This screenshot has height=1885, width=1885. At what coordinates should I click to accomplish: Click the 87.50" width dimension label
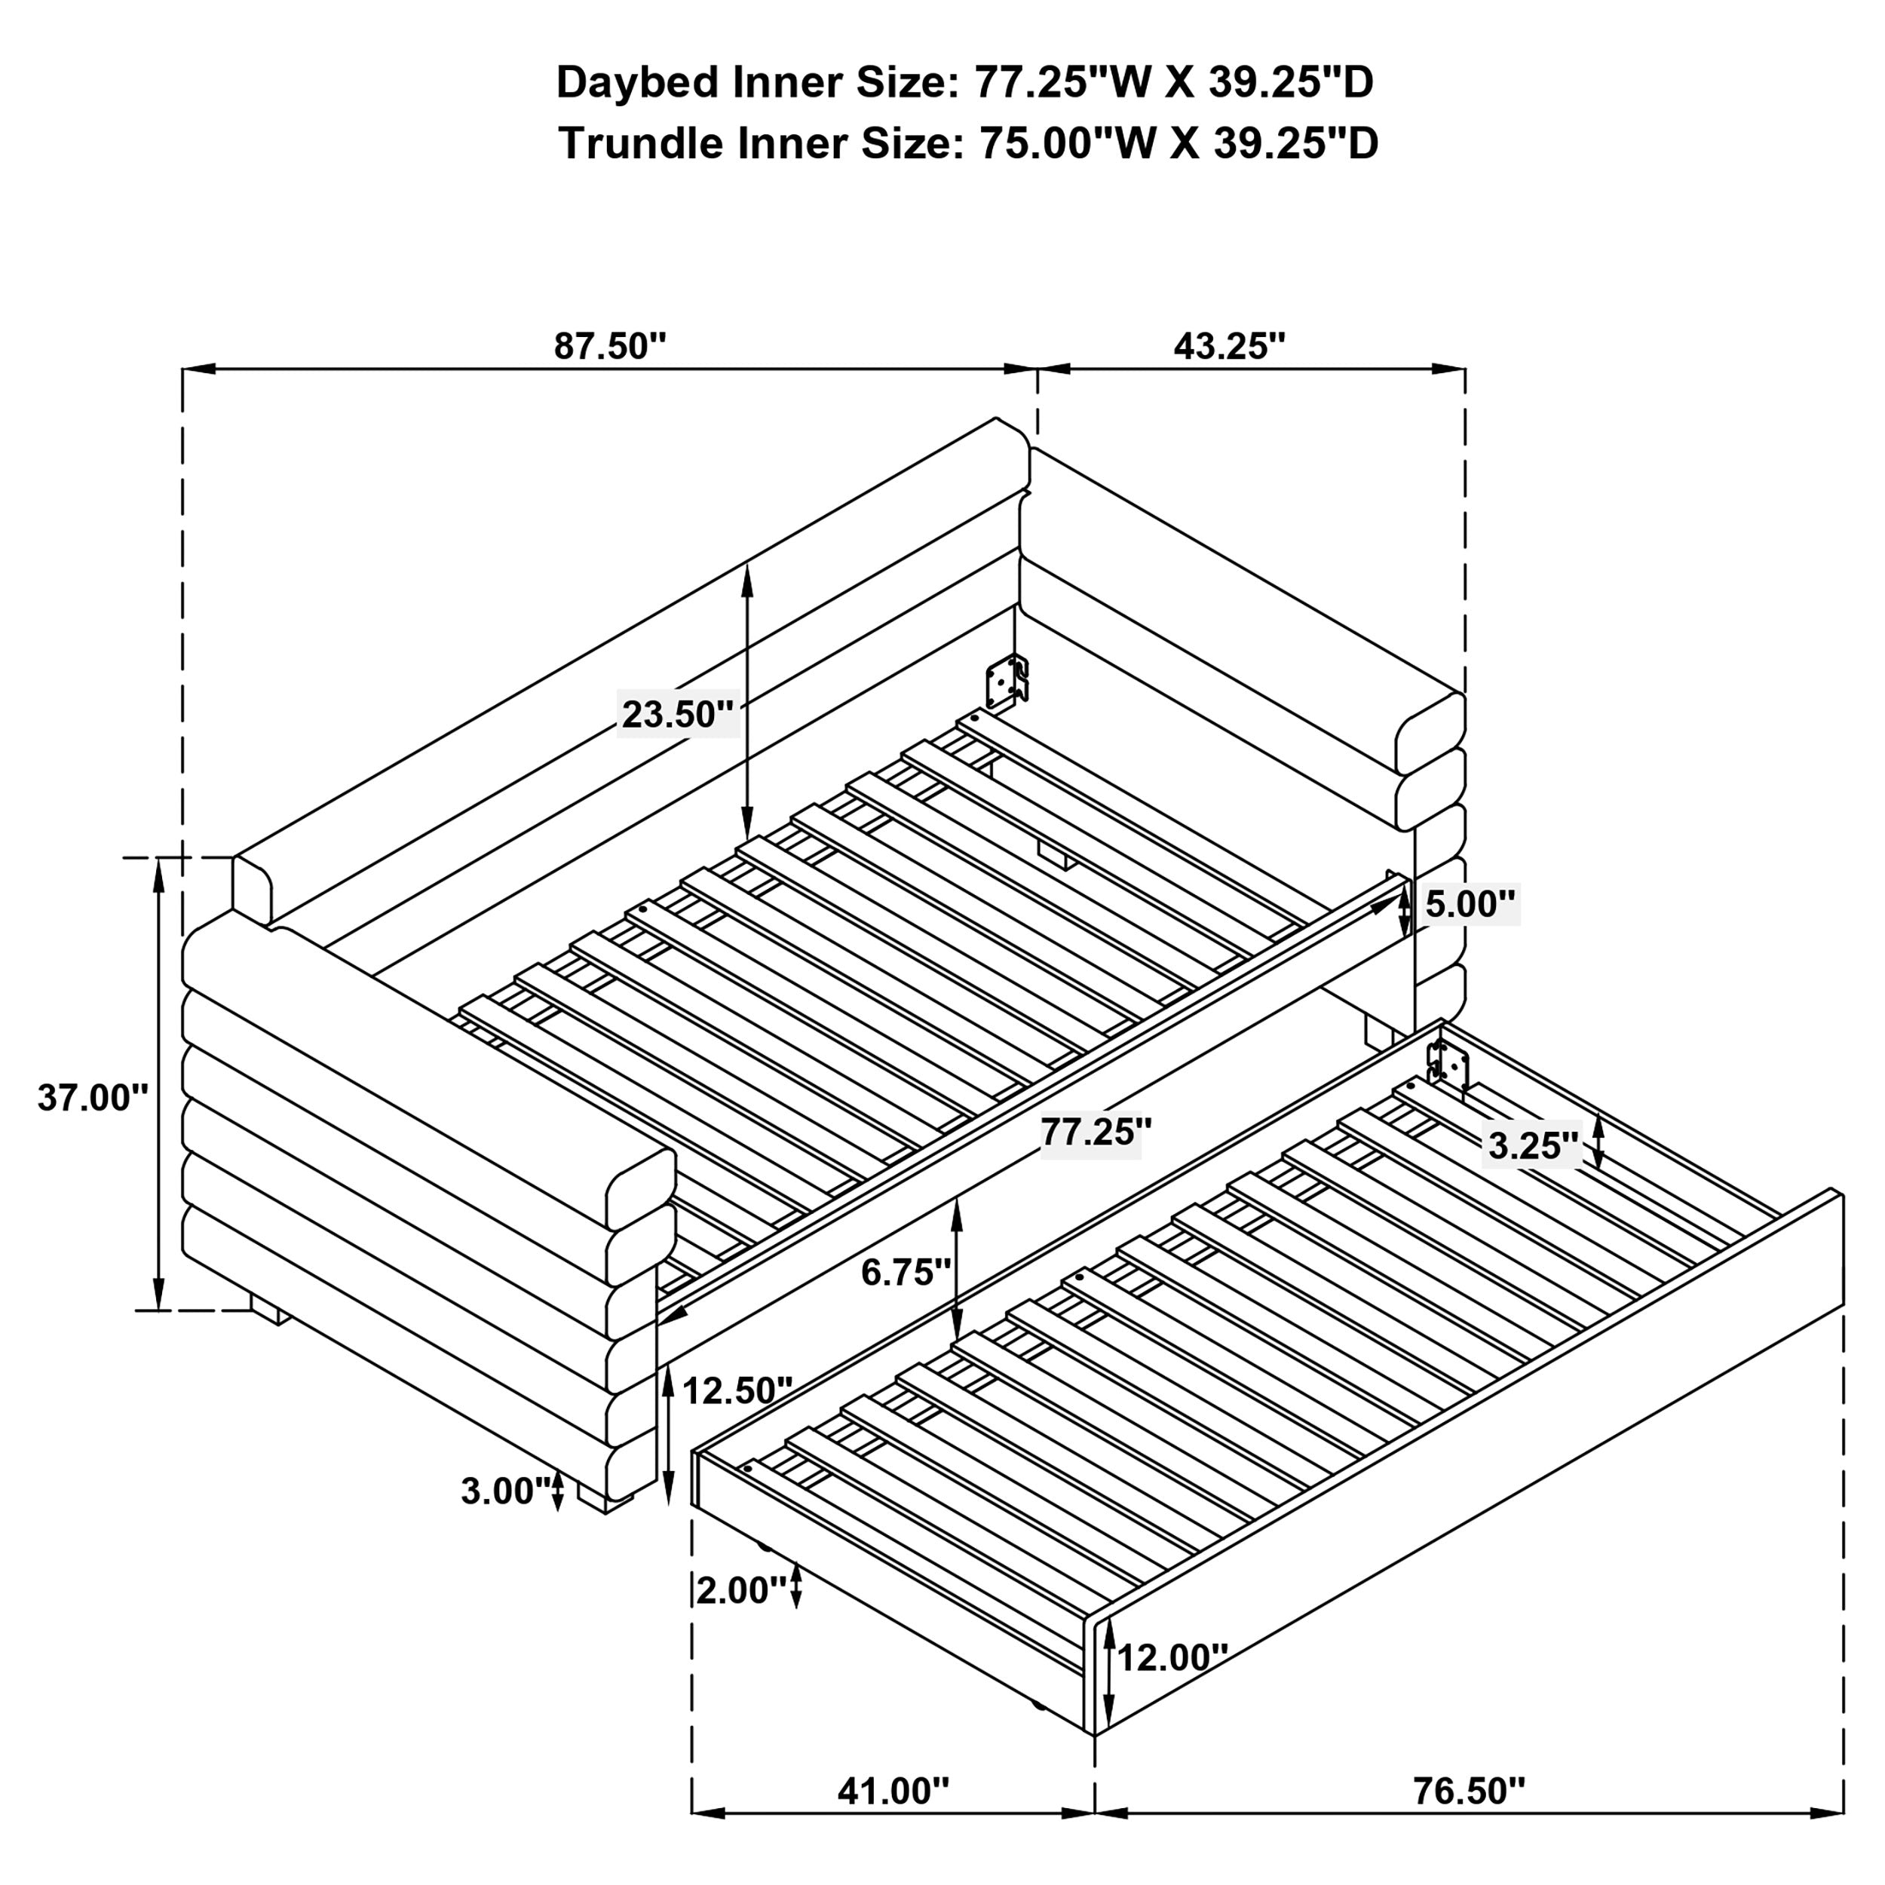pyautogui.click(x=610, y=346)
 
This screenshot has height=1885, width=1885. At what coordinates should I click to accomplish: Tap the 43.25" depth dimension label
pyautogui.click(x=1229, y=346)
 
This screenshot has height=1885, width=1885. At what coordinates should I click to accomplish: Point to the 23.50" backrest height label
pyautogui.click(x=677, y=714)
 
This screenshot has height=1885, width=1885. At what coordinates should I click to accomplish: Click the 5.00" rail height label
pyautogui.click(x=1470, y=905)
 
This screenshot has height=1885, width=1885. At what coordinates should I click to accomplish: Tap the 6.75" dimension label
pyautogui.click(x=906, y=1272)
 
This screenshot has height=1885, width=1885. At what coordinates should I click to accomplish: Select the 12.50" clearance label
pyautogui.click(x=737, y=1390)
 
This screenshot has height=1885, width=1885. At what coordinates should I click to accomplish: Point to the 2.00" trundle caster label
pyautogui.click(x=740, y=1590)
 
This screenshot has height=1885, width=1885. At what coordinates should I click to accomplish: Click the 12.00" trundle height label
pyautogui.click(x=1172, y=1657)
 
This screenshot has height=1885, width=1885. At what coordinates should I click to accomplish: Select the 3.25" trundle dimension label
pyautogui.click(x=1532, y=1145)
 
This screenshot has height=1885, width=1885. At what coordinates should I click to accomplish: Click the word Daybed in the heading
pyautogui.click(x=639, y=83)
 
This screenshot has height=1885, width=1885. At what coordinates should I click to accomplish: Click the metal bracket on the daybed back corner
pyautogui.click(x=1007, y=681)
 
